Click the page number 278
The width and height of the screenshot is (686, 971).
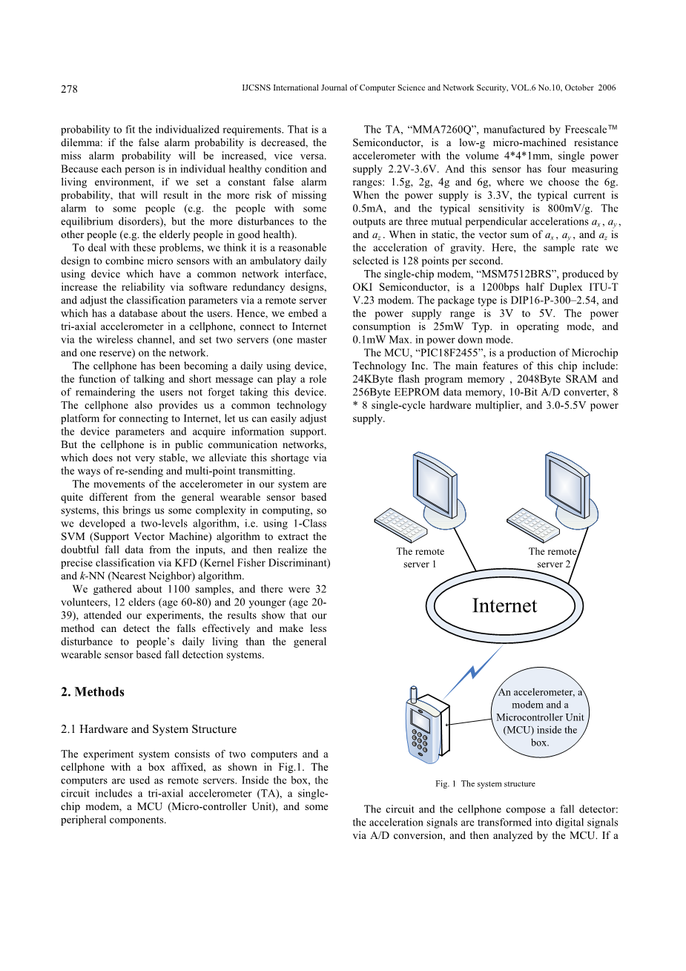(x=69, y=89)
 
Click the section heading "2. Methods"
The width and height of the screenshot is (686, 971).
(x=93, y=692)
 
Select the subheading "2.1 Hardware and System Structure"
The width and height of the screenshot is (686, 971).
(x=148, y=729)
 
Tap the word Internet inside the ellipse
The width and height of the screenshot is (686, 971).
(x=504, y=606)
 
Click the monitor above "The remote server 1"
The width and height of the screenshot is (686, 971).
(x=438, y=482)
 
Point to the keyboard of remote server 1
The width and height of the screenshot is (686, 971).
(x=400, y=525)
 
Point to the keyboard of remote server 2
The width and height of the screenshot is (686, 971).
(x=532, y=524)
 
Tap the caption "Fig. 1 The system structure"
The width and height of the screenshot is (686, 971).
(x=485, y=784)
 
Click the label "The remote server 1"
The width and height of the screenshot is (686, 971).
(x=420, y=558)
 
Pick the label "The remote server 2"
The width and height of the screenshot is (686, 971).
(x=553, y=558)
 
